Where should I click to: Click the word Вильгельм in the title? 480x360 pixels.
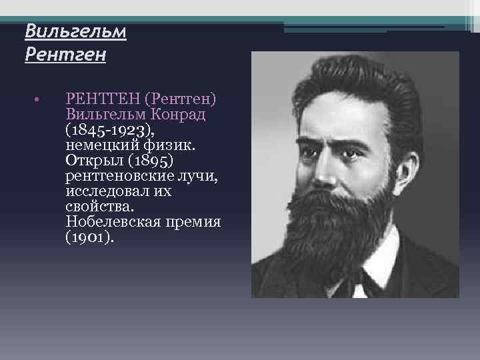click(x=75, y=31)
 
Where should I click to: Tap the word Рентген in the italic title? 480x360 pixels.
click(x=65, y=54)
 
